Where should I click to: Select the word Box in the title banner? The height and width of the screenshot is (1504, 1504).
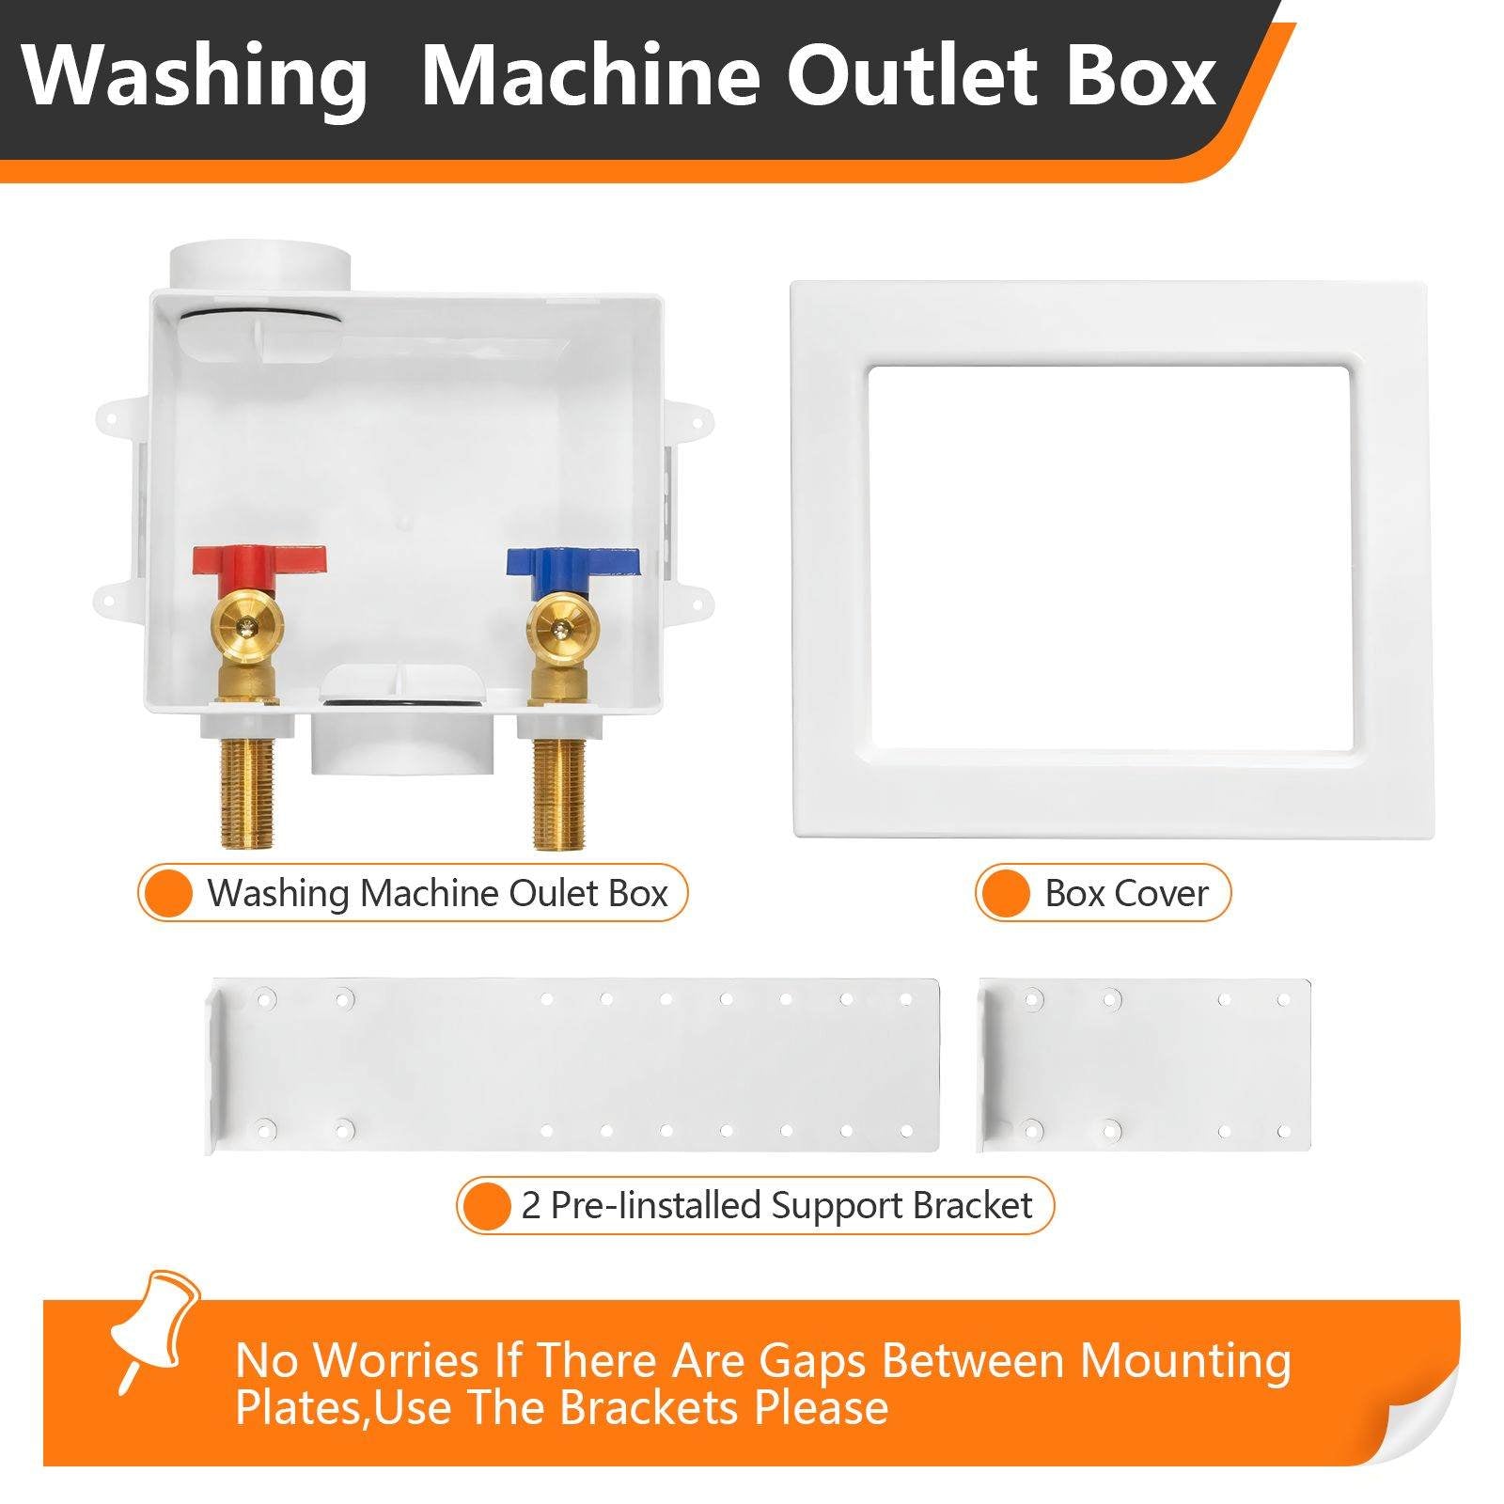pyautogui.click(x=1141, y=77)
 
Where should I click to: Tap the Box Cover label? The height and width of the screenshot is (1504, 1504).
pyautogui.click(x=1125, y=893)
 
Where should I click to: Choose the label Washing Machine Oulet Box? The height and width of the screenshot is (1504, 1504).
pyautogui.click(x=437, y=893)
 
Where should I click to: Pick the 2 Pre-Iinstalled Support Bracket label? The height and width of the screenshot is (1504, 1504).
pyautogui.click(x=776, y=1205)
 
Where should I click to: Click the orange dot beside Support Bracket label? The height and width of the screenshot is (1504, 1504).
pyautogui.click(x=489, y=1205)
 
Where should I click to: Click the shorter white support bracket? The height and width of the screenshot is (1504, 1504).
pyautogui.click(x=1144, y=1065)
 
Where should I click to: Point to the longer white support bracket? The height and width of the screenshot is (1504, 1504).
pyautogui.click(x=573, y=1065)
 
